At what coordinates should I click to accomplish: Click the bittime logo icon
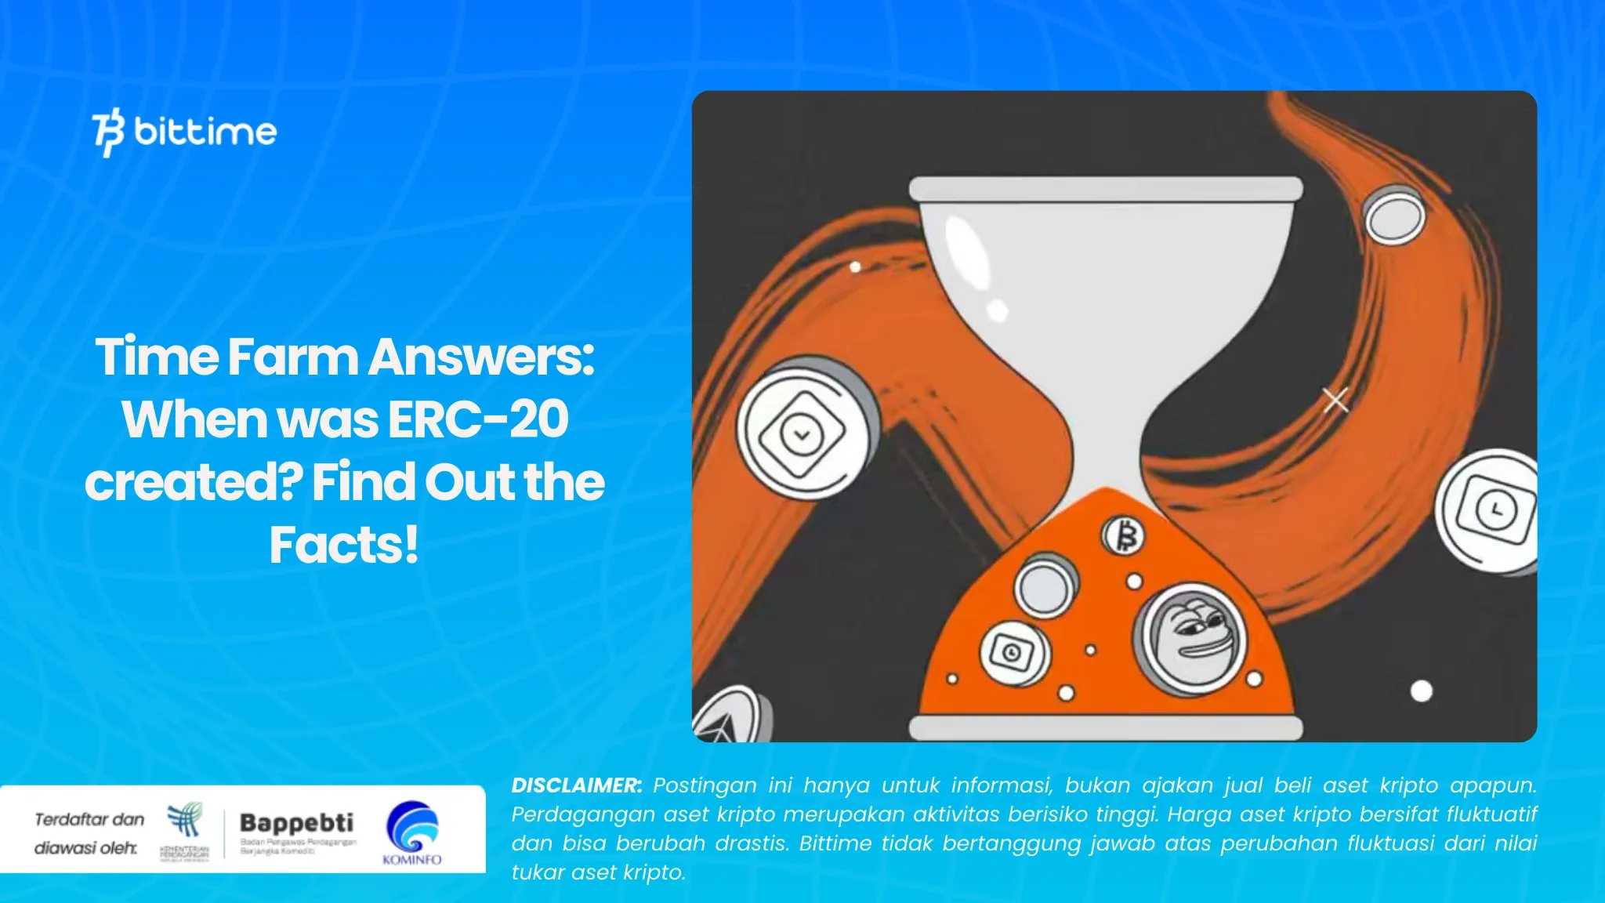(108, 132)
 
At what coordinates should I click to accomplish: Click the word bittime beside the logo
(205, 131)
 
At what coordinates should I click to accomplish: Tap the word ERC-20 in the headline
(478, 419)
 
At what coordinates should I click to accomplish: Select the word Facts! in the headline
(344, 545)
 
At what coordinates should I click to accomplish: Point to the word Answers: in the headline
(481, 357)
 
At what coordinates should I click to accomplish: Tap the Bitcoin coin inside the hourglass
(1125, 536)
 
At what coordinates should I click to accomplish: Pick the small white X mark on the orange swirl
(1335, 400)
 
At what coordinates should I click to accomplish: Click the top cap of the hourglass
(1105, 189)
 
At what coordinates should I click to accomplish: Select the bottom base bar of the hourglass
(1105, 727)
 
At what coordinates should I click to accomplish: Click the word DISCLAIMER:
(576, 785)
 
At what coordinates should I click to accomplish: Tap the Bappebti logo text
(296, 822)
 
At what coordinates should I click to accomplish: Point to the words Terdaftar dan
(89, 819)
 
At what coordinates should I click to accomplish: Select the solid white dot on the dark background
(1421, 691)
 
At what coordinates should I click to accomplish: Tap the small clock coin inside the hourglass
(1013, 651)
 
